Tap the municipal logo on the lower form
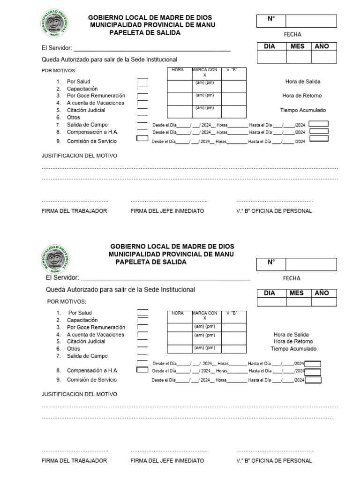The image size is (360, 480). tap(56, 259)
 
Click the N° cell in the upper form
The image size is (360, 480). tap(271, 21)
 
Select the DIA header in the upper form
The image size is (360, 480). tap(270, 46)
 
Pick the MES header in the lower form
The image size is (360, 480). tap(297, 293)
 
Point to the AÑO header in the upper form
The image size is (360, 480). tap(322, 46)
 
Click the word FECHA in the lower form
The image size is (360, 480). tap(292, 278)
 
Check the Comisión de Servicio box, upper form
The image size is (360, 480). tap(142, 139)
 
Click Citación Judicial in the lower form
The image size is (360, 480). tap(86, 342)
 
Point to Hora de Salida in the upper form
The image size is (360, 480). tap(303, 82)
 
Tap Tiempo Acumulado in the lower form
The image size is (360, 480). tap(293, 349)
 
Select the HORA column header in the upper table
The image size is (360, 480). tap(178, 70)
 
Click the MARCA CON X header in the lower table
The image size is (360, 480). tap(204, 315)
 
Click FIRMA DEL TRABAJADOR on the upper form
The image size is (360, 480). tap(75, 211)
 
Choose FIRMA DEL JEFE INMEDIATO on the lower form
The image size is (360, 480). tap(167, 461)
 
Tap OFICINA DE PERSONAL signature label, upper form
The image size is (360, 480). tap(274, 211)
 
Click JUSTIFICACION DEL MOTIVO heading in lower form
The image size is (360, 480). tap(80, 394)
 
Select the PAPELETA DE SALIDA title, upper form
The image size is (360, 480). tap(144, 33)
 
